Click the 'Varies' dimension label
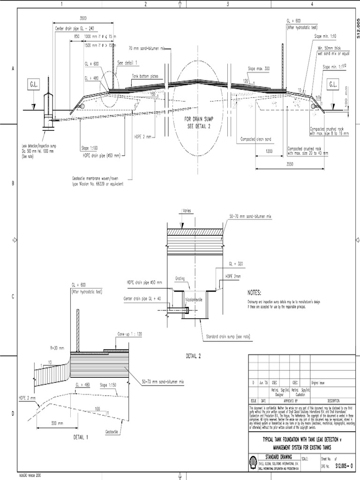187,210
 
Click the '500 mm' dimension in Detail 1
58,423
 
